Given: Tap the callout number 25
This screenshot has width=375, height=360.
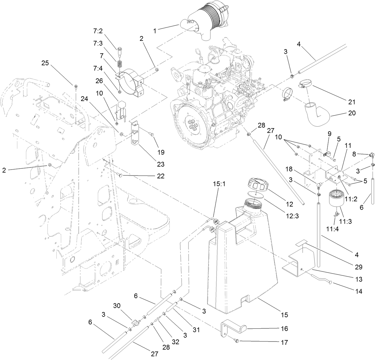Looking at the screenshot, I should [45, 63].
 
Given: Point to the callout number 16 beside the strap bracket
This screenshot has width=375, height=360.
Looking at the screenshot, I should [284, 328].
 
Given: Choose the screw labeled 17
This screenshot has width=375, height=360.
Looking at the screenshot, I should [236, 340].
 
